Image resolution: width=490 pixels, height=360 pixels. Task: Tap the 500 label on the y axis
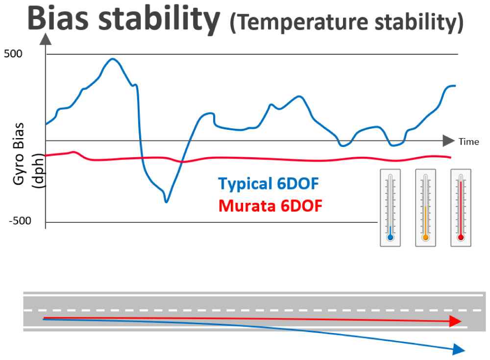13,54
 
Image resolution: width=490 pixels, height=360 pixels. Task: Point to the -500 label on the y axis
20,221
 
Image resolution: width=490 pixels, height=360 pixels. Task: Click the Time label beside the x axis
469,142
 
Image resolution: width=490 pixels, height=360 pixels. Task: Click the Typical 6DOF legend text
268,185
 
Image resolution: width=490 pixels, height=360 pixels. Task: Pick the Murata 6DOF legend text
270,206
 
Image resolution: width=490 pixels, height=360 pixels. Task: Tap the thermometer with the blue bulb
390,208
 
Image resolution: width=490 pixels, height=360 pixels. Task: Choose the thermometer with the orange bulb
425,208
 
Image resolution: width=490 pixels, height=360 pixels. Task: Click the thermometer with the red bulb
461,208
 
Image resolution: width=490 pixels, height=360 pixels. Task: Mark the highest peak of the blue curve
113,59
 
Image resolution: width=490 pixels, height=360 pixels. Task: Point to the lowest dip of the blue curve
167,201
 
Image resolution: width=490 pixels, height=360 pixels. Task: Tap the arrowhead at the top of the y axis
45,39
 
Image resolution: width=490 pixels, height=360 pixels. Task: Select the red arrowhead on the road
455,321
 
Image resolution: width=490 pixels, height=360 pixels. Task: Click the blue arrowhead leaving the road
458,349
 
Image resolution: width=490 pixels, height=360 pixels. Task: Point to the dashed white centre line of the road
245,310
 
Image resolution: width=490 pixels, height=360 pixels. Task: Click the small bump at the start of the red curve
73,152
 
